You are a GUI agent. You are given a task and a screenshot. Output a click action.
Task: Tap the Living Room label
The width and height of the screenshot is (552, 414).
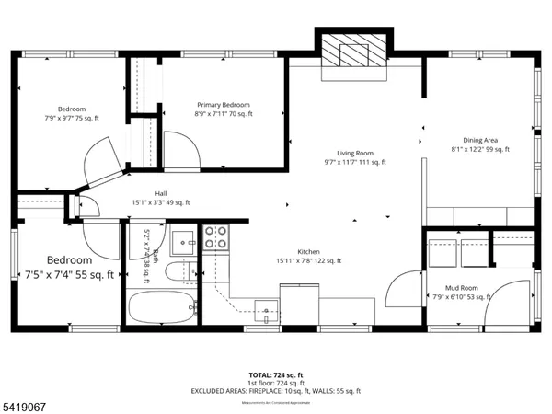(354, 157)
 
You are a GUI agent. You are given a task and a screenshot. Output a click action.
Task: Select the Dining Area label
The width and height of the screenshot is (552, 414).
(478, 144)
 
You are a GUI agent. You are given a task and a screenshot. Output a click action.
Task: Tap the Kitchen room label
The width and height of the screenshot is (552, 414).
(308, 256)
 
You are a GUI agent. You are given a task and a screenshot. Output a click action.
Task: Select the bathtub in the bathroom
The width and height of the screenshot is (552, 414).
(162, 307)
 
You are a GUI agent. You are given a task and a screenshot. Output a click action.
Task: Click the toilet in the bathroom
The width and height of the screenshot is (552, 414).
(178, 273)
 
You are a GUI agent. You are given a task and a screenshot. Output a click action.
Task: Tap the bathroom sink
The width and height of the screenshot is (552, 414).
(182, 241)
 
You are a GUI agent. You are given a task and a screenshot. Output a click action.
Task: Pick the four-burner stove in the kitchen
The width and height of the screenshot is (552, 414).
(215, 238)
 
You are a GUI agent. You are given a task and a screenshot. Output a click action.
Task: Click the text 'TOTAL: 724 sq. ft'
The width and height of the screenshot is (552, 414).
(275, 375)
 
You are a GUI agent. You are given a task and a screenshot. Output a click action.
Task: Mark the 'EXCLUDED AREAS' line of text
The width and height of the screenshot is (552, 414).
(275, 390)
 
